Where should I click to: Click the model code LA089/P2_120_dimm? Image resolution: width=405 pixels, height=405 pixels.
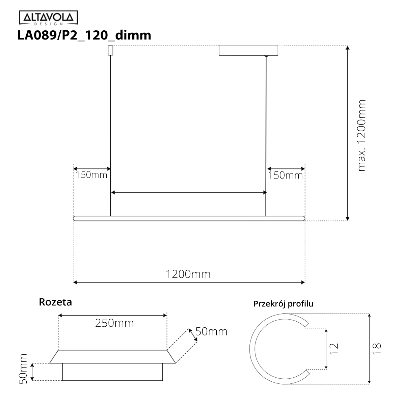(x=84, y=35)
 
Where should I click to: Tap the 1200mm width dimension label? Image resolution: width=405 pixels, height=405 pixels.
(x=188, y=274)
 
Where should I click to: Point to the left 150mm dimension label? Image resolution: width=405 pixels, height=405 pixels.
(x=91, y=175)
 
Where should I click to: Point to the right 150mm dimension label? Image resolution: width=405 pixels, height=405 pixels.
(x=285, y=175)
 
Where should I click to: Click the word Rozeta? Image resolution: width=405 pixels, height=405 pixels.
(x=55, y=302)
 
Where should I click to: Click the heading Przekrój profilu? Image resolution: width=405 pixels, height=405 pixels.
(x=283, y=304)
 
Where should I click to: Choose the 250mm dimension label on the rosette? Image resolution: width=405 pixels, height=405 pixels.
(x=114, y=323)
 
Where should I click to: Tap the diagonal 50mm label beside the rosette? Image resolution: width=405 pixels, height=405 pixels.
(x=211, y=331)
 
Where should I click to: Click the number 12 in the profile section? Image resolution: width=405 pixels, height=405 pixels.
(x=333, y=348)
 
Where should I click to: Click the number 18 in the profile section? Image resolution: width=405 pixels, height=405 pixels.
(x=377, y=348)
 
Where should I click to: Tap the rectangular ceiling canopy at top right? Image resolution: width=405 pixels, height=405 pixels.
(x=248, y=50)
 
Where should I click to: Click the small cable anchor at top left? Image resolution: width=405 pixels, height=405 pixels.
(x=110, y=50)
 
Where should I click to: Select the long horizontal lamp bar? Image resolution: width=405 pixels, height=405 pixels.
(x=189, y=218)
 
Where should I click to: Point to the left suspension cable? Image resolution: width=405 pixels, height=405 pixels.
(x=111, y=135)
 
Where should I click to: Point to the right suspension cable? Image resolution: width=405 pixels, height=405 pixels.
(x=266, y=135)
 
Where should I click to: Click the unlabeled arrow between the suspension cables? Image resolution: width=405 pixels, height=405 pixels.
(x=189, y=192)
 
